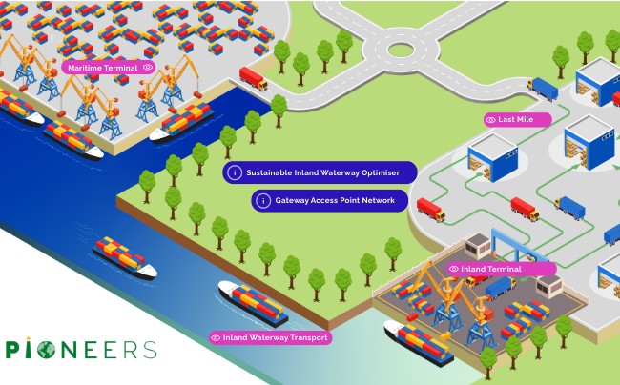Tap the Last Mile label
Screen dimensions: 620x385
click(x=518, y=120)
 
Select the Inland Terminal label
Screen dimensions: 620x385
click(x=502, y=269)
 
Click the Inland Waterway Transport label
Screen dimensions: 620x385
click(x=271, y=337)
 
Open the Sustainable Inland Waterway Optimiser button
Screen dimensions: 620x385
click(x=320, y=172)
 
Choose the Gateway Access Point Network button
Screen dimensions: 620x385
click(x=329, y=200)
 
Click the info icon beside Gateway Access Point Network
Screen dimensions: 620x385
click(x=263, y=200)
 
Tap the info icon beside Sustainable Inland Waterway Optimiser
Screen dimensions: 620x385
click(x=235, y=172)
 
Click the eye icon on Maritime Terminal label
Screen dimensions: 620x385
click(x=148, y=67)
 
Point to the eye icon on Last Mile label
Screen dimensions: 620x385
click(x=490, y=120)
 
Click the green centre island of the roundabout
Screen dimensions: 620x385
click(x=401, y=50)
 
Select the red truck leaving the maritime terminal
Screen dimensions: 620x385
click(x=253, y=78)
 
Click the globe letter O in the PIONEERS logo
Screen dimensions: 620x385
click(x=46, y=350)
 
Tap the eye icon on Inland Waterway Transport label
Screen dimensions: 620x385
click(x=216, y=338)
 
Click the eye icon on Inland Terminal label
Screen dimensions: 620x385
click(x=453, y=269)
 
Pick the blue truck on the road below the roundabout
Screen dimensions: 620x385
click(x=543, y=89)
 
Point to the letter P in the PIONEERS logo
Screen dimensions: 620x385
click(x=12, y=350)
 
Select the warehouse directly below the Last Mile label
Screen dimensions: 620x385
click(x=493, y=157)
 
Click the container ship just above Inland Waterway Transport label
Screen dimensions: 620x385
click(x=253, y=303)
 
